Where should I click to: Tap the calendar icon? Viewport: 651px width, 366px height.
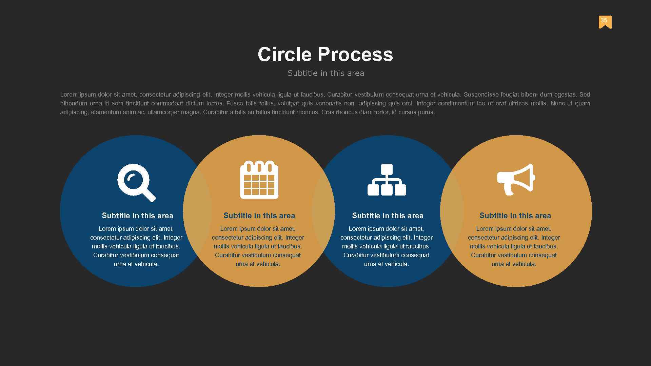tap(259, 180)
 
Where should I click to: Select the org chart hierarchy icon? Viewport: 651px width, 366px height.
tap(387, 180)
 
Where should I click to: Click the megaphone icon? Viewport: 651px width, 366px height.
tap(516, 179)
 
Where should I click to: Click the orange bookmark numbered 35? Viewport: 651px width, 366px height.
tap(605, 22)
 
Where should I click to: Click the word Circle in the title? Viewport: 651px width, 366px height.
tap(284, 54)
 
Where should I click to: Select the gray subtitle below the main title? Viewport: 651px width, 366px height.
tap(325, 73)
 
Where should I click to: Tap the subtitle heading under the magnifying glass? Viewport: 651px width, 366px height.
tap(137, 216)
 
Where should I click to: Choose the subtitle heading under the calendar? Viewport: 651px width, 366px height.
tap(259, 216)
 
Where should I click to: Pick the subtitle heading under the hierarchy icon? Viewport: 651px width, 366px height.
tap(388, 216)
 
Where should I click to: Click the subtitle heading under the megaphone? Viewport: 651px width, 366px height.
tap(515, 216)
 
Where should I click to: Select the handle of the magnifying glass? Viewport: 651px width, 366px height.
tap(149, 195)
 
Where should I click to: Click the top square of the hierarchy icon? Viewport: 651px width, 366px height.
tap(387, 169)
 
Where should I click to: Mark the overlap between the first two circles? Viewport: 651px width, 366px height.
tap(197, 211)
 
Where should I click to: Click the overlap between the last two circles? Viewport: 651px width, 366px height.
tap(452, 211)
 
